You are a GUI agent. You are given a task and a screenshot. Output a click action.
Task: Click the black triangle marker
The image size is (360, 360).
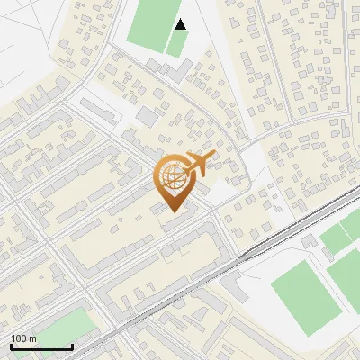point(181,24)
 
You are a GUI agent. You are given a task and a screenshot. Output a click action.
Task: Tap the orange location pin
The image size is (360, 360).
point(173,180)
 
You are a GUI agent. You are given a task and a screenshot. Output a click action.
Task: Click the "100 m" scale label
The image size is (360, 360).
point(24,338)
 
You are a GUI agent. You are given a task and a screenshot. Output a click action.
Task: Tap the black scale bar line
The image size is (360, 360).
point(41,346)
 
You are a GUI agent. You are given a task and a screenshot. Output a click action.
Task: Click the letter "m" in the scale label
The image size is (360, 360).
point(33,338)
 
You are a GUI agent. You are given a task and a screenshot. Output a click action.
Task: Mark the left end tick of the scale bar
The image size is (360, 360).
point(11,345)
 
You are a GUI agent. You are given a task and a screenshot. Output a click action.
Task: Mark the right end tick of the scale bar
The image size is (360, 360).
point(72,345)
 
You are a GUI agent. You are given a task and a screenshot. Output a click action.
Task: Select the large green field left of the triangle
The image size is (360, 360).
point(153,22)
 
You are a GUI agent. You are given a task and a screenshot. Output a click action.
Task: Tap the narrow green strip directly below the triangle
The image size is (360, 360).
point(178,43)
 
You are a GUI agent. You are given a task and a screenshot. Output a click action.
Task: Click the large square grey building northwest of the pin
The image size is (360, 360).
point(147,117)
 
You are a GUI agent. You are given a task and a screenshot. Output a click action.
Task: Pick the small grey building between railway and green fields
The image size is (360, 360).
point(310,241)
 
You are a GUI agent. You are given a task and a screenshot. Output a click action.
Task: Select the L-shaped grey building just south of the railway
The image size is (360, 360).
point(236,285)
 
